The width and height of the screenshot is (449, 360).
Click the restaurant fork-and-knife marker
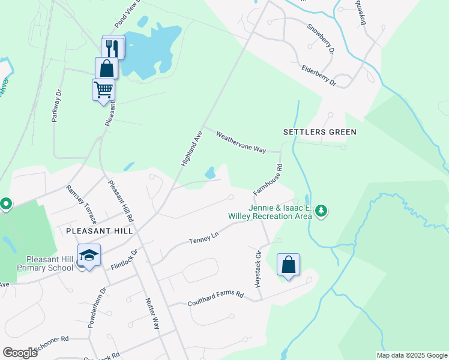click(113, 47)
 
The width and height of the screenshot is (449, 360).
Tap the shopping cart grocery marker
click(103, 90)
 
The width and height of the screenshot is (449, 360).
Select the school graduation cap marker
click(89, 256)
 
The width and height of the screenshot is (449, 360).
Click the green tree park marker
click(322, 211)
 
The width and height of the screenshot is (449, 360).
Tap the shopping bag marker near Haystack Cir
click(288, 265)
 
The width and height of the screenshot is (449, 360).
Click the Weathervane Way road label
click(241, 142)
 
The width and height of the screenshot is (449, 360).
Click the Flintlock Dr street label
click(124, 259)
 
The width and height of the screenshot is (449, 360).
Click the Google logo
click(20, 353)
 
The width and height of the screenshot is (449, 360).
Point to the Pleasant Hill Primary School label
click(37, 263)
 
